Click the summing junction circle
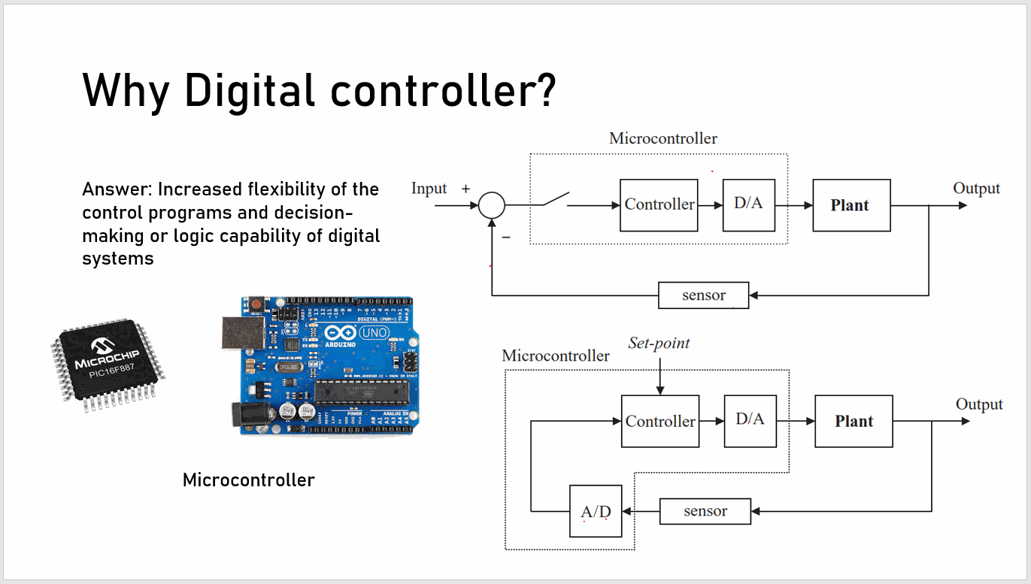pyautogui.click(x=492, y=204)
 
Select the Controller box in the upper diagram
pyautogui.click(x=659, y=204)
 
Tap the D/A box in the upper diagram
pyautogui.click(x=748, y=204)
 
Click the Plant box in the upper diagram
pyautogui.click(x=851, y=205)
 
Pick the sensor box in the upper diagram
pyautogui.click(x=703, y=295)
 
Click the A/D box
pyautogui.click(x=596, y=511)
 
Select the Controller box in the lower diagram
pyautogui.click(x=660, y=421)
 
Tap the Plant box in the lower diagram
pyautogui.click(x=854, y=422)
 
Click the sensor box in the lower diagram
pyautogui.click(x=705, y=511)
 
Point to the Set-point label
pyautogui.click(x=659, y=343)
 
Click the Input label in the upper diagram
pyautogui.click(x=429, y=189)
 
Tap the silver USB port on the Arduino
pyautogui.click(x=239, y=332)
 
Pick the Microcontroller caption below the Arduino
pyautogui.click(x=248, y=480)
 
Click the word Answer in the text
pyautogui.click(x=116, y=189)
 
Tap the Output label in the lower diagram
pyautogui.click(x=978, y=404)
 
